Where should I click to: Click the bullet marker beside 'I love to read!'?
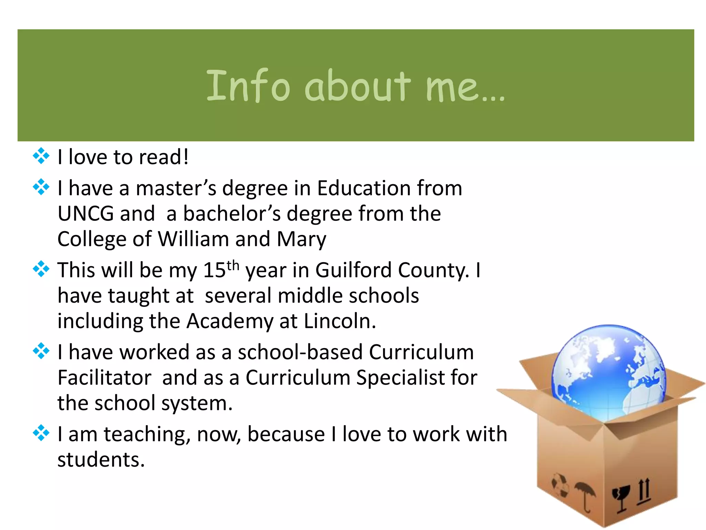[41, 156]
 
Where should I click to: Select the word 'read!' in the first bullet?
[164, 157]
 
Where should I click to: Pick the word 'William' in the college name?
[193, 239]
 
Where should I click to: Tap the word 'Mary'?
[301, 239]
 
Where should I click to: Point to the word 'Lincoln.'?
[340, 321]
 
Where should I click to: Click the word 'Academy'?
[230, 322]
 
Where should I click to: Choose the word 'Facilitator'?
[104, 377]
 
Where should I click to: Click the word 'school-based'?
[300, 352]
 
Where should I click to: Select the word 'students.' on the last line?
[101, 460]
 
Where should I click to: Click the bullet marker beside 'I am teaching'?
[41, 433]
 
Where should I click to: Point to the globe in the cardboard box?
[609, 373]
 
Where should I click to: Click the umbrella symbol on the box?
[585, 495]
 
